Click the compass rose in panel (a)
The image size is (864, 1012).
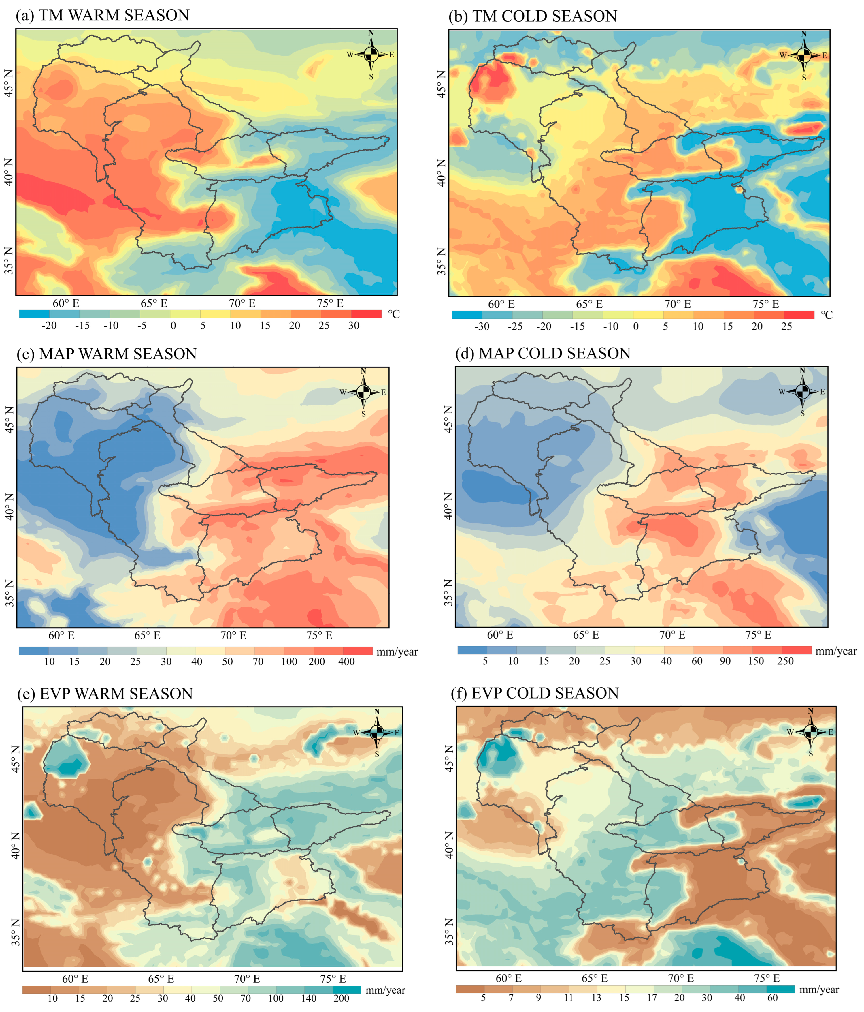coord(371,54)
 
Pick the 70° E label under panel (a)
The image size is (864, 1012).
coord(242,303)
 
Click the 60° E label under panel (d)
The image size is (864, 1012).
coord(500,635)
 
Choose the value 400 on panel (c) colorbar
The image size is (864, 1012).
coord(347,662)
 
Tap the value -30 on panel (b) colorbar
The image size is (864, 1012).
coord(482,326)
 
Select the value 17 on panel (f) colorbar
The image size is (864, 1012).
coord(652,997)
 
